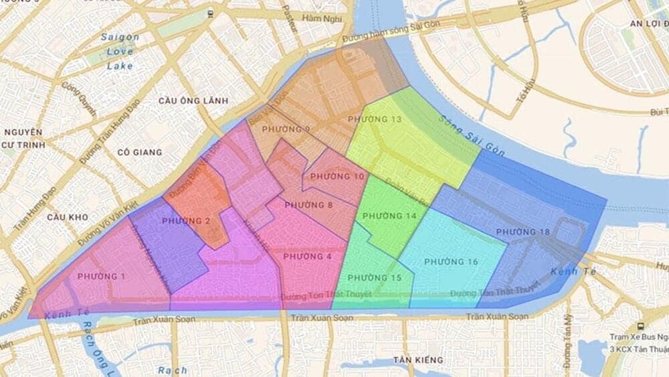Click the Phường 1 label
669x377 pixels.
pos(101,277)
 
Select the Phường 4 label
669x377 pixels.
pos(307,256)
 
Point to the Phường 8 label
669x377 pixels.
pos(308,205)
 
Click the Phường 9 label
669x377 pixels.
pos(286,129)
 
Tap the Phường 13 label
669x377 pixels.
pos(375,119)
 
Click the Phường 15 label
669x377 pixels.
pos(375,278)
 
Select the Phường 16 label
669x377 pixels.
pos(451,261)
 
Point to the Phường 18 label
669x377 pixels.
pos(523,232)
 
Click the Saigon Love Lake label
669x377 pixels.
pos(120,52)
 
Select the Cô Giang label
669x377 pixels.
pos(139,152)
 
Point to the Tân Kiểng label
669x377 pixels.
pos(418,360)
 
